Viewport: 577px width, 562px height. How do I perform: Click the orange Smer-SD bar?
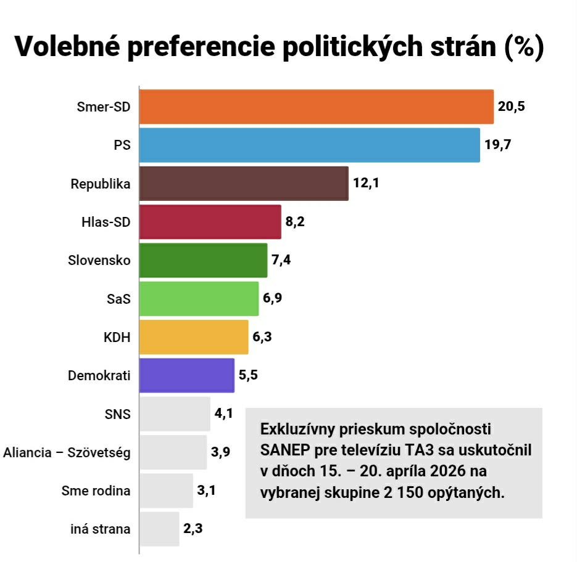pyautogui.click(x=316, y=107)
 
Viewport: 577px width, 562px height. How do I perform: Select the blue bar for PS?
pyautogui.click(x=309, y=145)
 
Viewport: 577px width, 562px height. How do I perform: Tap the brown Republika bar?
pyautogui.click(x=244, y=183)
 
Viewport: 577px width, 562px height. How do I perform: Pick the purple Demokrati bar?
pyautogui.click(x=186, y=375)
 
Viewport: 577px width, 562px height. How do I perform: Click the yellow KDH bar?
pyautogui.click(x=194, y=337)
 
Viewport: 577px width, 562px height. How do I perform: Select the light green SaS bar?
pyautogui.click(x=199, y=298)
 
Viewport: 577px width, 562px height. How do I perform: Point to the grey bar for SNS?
pyautogui.click(x=175, y=414)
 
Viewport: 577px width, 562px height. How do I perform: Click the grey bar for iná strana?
pyautogui.click(x=159, y=529)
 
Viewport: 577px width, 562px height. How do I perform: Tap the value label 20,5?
pyautogui.click(x=512, y=106)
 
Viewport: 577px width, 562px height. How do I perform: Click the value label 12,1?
pyautogui.click(x=365, y=183)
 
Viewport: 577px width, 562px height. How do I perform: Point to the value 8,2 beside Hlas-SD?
pyautogui.click(x=294, y=222)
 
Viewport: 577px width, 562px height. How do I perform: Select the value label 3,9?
pyautogui.click(x=220, y=452)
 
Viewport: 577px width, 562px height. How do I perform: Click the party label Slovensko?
pyautogui.click(x=99, y=260)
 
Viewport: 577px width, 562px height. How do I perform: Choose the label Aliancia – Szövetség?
pyautogui.click(x=67, y=452)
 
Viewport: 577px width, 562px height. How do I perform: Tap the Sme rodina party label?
pyautogui.click(x=96, y=491)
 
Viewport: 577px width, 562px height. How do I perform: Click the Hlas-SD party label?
pyautogui.click(x=106, y=222)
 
